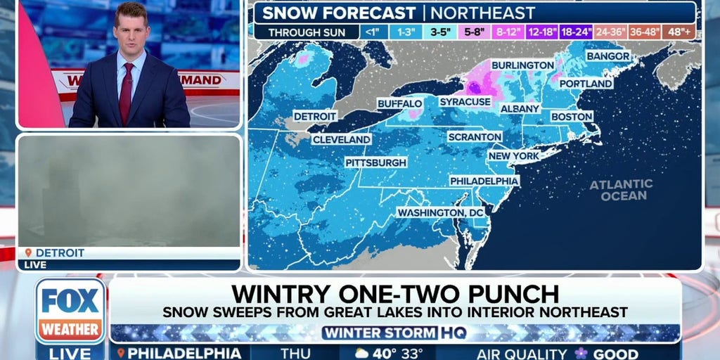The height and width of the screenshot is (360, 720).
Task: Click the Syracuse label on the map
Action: click(465, 102)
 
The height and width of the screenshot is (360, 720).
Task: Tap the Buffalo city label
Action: click(400, 103)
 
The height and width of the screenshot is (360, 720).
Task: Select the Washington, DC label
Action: click(441, 212)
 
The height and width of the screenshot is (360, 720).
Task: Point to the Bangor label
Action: click(607, 56)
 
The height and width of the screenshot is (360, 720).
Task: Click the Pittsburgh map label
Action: click(375, 162)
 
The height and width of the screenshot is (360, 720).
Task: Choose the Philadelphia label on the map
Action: click(484, 181)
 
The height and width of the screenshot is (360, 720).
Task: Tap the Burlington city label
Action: click(522, 65)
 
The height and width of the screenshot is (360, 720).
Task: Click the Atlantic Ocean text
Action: click(620, 190)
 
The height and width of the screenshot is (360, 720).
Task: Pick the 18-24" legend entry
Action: click(576, 32)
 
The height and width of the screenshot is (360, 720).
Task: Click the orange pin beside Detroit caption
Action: click(28, 252)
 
